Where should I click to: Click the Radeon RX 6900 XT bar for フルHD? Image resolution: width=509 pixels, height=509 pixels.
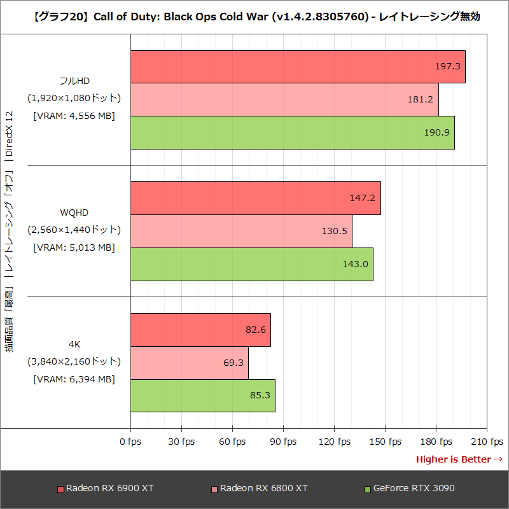point(298,67)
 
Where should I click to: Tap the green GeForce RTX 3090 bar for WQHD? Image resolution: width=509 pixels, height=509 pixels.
point(251,264)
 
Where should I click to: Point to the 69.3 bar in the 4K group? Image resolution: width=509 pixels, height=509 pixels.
point(189,363)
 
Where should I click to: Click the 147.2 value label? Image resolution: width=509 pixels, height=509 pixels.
point(362,198)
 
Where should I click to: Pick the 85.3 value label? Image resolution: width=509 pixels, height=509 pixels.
point(260,395)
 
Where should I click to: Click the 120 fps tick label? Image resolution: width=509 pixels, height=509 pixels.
point(335,442)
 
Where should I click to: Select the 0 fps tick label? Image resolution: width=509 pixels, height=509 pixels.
point(130,442)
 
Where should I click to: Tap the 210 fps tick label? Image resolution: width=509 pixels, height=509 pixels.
point(487,442)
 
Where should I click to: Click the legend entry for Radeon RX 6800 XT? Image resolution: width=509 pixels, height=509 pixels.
point(259,489)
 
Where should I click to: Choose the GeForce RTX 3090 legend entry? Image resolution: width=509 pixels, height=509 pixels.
point(409,489)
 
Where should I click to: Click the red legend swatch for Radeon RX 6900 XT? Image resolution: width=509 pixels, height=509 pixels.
point(60,489)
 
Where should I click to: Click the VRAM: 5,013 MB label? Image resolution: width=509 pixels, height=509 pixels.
point(74,248)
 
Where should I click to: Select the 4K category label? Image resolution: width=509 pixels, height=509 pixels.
point(74,344)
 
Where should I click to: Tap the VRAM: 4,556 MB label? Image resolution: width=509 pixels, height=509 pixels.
point(74,116)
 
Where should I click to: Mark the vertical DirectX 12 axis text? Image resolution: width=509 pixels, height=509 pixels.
point(9,134)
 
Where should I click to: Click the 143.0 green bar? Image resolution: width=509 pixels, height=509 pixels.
point(251,264)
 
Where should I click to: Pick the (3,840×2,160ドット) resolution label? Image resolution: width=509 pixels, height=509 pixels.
point(74,361)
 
